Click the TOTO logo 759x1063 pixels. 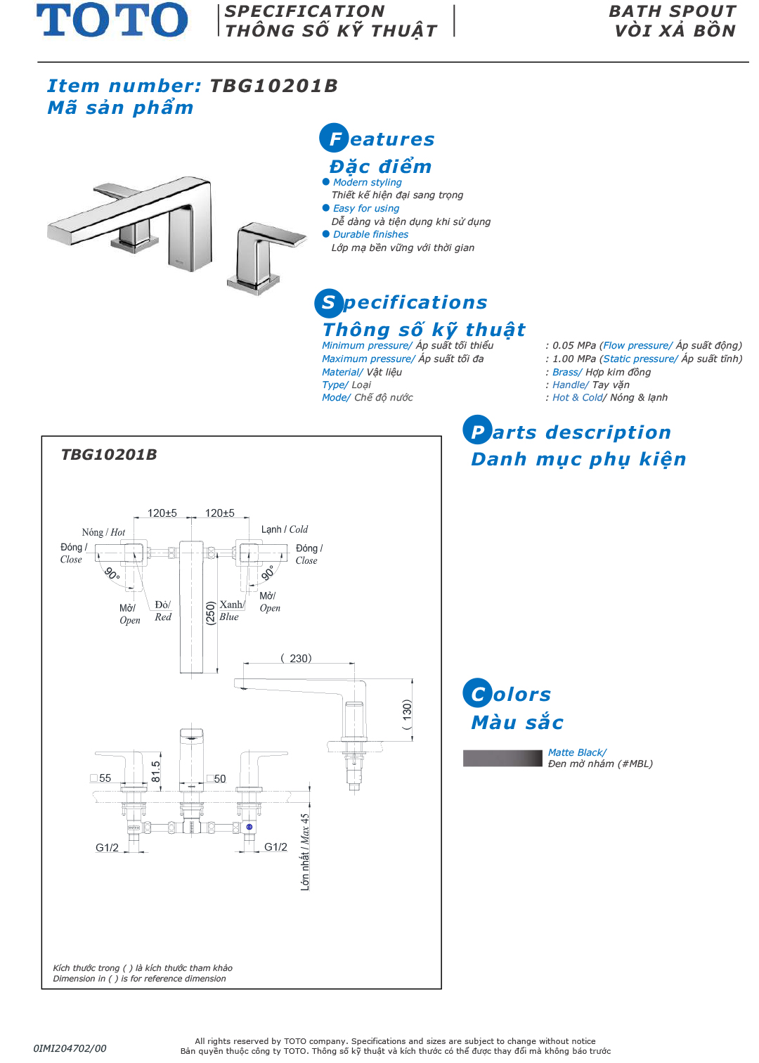pyautogui.click(x=112, y=20)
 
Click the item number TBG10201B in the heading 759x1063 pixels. pyautogui.click(x=273, y=86)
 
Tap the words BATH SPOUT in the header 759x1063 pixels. pyautogui.click(x=673, y=11)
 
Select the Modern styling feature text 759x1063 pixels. pyautogui.click(x=367, y=182)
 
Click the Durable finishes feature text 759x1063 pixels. pyautogui.click(x=370, y=234)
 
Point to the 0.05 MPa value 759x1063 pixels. pyautogui.click(x=573, y=345)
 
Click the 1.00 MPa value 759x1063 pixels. pyautogui.click(x=573, y=359)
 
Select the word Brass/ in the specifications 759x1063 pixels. pyautogui.click(x=567, y=372)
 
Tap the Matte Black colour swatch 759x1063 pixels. pyautogui.click(x=502, y=758)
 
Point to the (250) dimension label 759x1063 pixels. pyautogui.click(x=210, y=612)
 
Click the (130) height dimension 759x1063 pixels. pyautogui.click(x=407, y=714)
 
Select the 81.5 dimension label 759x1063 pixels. pyautogui.click(x=156, y=771)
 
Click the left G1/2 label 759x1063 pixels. pyautogui.click(x=107, y=848)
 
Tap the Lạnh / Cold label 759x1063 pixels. pyautogui.click(x=285, y=529)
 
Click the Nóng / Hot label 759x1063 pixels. pyautogui.click(x=103, y=532)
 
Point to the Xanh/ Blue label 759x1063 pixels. pyautogui.click(x=231, y=610)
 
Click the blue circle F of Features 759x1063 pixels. pyautogui.click(x=335, y=138)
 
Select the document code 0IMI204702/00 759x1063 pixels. pyautogui.click(x=70, y=1048)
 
